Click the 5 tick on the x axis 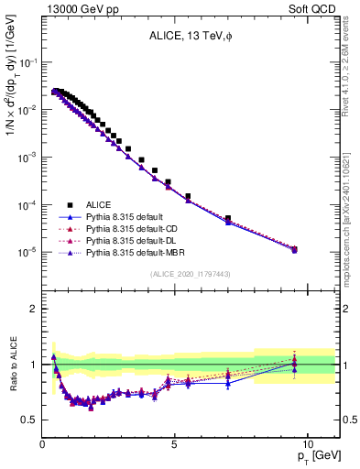[x=174, y=443]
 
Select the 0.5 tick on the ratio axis [x=32, y=420]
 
